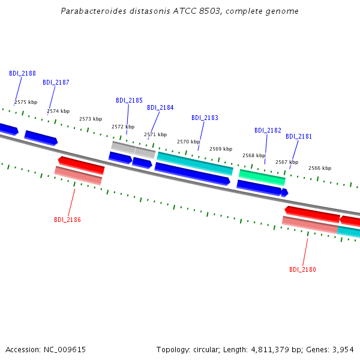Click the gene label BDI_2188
(x=23, y=73)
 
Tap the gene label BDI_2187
(x=56, y=82)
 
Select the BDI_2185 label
(x=129, y=101)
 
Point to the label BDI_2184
(x=160, y=107)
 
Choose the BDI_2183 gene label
(x=205, y=118)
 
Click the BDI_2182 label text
(x=268, y=130)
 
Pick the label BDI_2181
(x=299, y=136)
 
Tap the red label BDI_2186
(x=67, y=220)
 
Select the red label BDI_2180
(x=302, y=269)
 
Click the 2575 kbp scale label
(x=26, y=102)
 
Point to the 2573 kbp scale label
(x=91, y=119)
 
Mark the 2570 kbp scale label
(x=188, y=142)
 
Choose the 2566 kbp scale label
(x=320, y=168)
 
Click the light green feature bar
(x=262, y=178)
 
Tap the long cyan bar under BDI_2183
(x=195, y=163)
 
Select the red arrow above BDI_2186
(x=81, y=165)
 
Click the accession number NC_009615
(x=65, y=350)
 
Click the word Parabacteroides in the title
(x=94, y=11)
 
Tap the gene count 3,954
(x=343, y=350)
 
